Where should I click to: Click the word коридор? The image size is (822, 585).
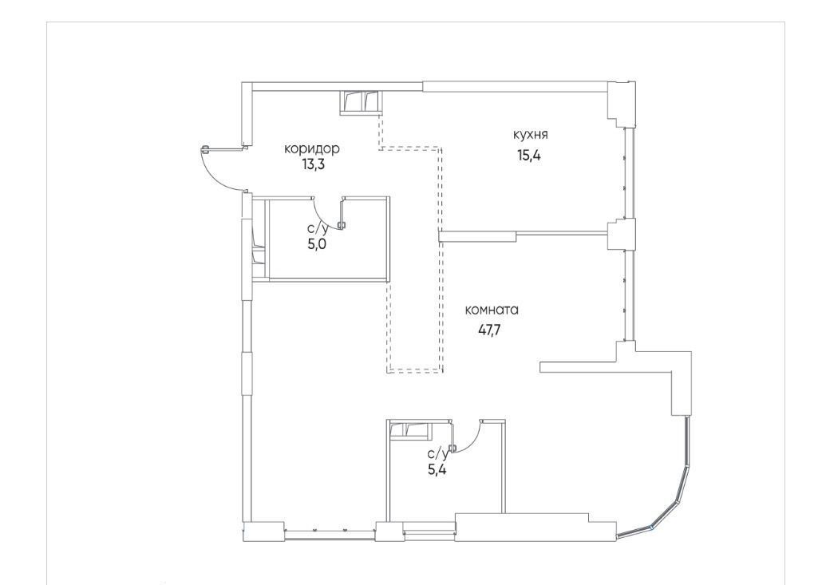pos(312,149)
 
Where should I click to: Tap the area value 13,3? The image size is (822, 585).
pos(313,165)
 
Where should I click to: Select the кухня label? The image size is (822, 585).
pos(531,135)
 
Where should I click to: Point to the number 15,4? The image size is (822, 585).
pos(529,155)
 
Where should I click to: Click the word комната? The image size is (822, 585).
pos(492,310)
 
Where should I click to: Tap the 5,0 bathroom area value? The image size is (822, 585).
pos(317,243)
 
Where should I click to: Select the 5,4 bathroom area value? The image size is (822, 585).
pos(437,469)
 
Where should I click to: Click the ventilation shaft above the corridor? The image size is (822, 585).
pos(362,102)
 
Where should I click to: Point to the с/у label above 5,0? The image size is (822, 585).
pos(318,228)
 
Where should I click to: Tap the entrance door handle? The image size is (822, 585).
pos(205,149)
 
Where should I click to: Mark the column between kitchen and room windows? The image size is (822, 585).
pos(621,233)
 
